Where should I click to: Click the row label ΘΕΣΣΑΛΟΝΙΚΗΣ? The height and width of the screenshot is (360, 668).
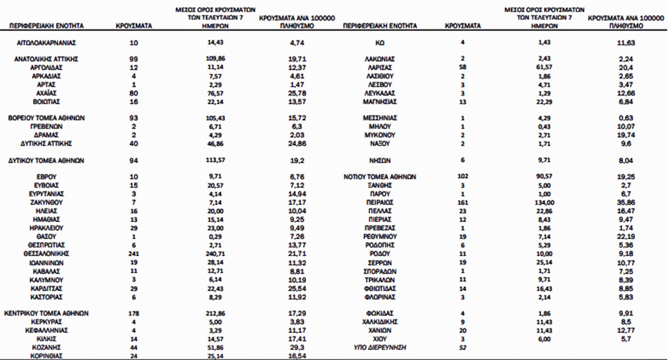pyautogui.click(x=46, y=254)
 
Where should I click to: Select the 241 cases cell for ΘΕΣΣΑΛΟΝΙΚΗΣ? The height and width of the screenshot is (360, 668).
pyautogui.click(x=134, y=254)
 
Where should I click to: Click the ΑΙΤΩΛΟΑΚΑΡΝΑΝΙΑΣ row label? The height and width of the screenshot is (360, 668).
pyautogui.click(x=46, y=42)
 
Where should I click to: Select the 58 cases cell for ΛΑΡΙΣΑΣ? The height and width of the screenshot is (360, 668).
pyautogui.click(x=463, y=67)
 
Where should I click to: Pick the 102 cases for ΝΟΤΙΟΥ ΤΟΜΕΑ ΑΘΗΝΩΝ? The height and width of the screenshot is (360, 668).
pyautogui.click(x=463, y=176)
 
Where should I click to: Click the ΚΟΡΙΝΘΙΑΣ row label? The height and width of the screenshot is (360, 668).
pyautogui.click(x=46, y=356)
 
